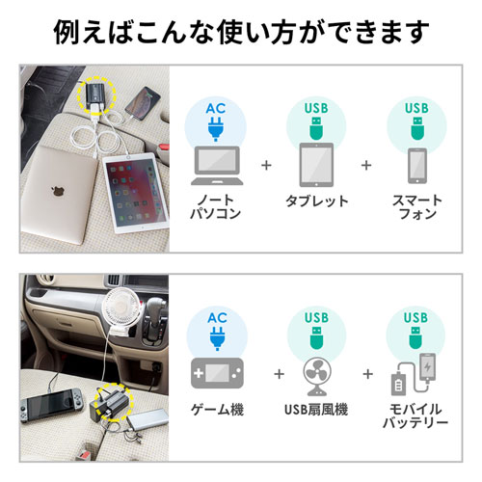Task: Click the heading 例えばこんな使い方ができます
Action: point(241,31)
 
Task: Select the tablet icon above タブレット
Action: point(315,163)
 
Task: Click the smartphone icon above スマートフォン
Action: point(416,164)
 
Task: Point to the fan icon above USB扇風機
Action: point(315,375)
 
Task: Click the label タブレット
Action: point(315,202)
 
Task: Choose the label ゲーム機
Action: point(217,410)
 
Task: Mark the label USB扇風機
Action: point(316,410)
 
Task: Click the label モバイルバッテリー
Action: point(416,415)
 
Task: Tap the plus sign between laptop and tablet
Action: point(266,165)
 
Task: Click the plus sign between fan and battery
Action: point(367,373)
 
